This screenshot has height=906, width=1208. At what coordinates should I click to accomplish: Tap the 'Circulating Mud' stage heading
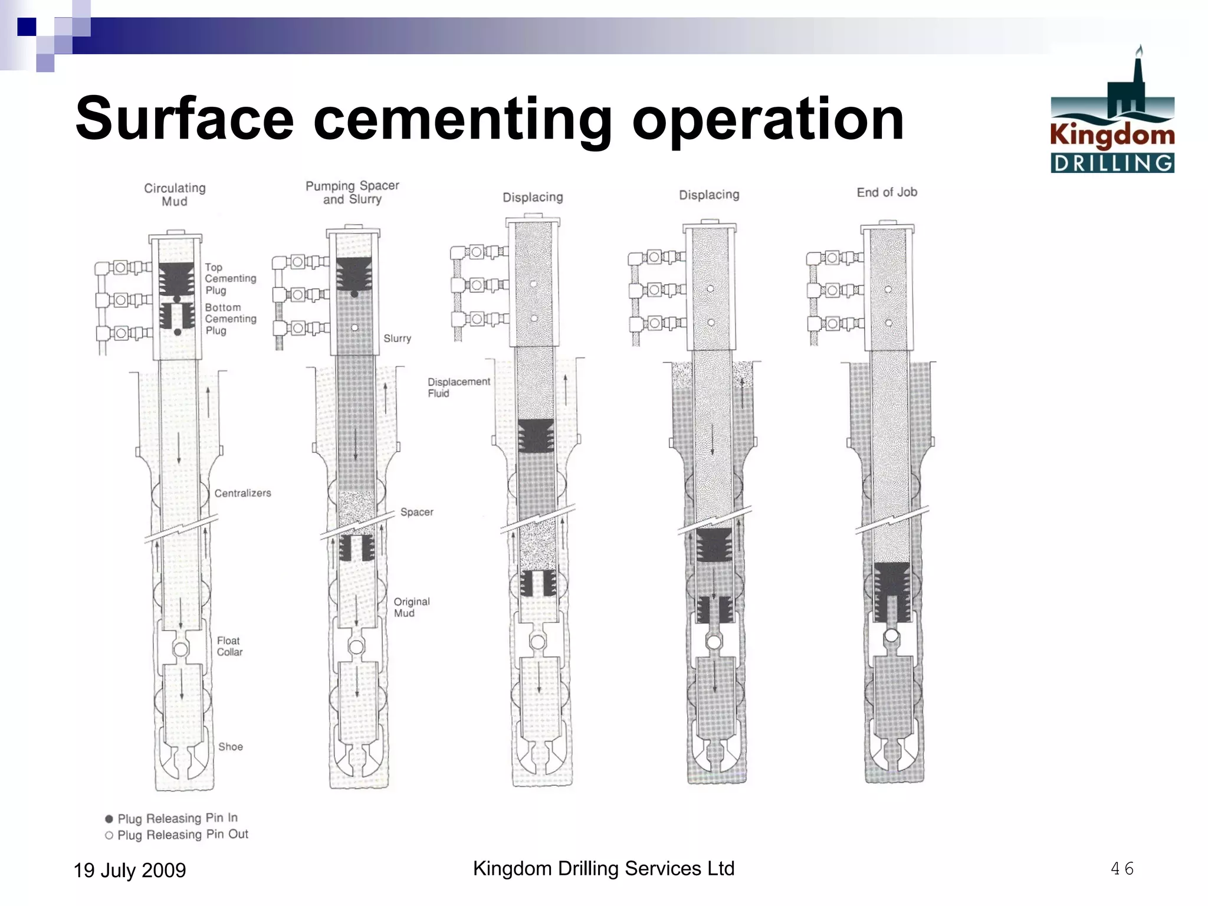click(x=175, y=195)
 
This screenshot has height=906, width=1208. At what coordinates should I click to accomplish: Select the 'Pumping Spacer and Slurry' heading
click(x=352, y=192)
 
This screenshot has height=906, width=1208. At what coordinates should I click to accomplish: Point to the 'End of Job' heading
click(x=887, y=192)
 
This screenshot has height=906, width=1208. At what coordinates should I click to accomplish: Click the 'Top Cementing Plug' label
click(x=230, y=278)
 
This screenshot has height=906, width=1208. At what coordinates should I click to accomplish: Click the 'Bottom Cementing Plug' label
click(x=230, y=319)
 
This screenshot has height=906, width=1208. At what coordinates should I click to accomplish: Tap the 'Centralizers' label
click(x=242, y=493)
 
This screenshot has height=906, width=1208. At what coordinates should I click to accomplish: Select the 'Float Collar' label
click(x=229, y=646)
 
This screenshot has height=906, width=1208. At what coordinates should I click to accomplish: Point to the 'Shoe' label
click(x=231, y=747)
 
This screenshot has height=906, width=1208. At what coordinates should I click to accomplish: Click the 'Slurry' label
click(x=397, y=339)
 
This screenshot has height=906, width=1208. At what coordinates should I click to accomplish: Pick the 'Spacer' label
click(x=416, y=512)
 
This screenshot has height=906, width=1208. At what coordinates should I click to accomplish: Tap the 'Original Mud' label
click(x=411, y=607)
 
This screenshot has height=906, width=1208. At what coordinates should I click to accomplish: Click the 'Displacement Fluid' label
click(x=458, y=388)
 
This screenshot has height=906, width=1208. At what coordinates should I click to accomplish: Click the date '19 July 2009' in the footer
click(x=129, y=870)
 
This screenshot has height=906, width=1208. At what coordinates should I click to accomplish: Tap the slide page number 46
click(x=1121, y=868)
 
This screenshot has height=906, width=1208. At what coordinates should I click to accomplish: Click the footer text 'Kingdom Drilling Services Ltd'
click(x=603, y=868)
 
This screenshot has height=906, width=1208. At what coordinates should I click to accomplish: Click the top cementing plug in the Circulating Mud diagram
click(x=176, y=279)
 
